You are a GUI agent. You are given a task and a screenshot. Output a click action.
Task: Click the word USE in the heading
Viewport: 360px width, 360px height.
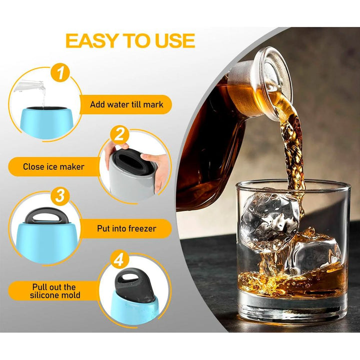pyautogui.click(x=175, y=41)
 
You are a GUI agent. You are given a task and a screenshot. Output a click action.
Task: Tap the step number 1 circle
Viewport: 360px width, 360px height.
pyautogui.click(x=60, y=73)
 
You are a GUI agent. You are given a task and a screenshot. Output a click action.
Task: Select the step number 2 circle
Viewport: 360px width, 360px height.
pyautogui.click(x=119, y=135)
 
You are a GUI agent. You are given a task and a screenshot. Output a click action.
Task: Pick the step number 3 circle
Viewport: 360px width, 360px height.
pyautogui.click(x=60, y=196)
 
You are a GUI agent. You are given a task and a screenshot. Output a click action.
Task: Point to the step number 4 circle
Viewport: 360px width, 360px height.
pyautogui.click(x=119, y=259)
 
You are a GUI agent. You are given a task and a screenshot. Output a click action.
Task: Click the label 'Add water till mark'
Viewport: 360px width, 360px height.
pyautogui.click(x=126, y=104)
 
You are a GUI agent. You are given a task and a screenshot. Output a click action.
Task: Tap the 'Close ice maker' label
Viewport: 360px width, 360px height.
pyautogui.click(x=53, y=166)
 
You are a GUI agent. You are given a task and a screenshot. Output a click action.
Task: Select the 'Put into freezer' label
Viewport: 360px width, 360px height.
pyautogui.click(x=126, y=228)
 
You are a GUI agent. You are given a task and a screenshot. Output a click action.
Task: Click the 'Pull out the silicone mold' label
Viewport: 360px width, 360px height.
pyautogui.click(x=55, y=291)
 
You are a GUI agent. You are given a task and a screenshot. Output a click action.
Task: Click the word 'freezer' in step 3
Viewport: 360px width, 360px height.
pyautogui.click(x=142, y=228)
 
